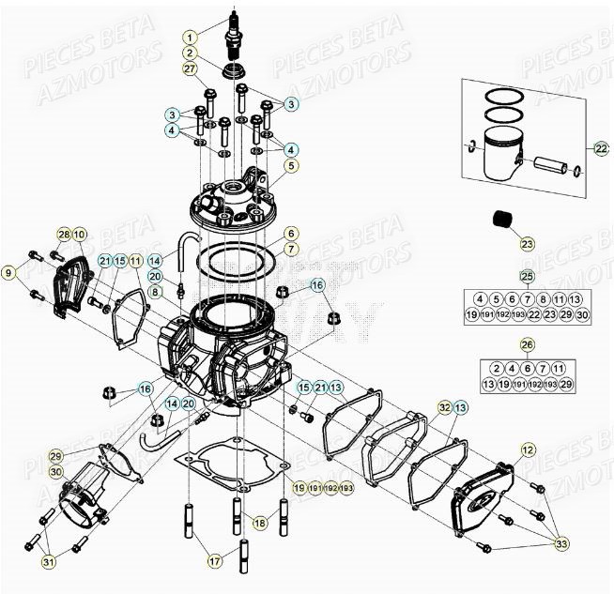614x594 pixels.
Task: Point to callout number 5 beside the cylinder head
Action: click(x=292, y=166)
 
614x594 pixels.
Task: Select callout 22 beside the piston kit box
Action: click(x=601, y=148)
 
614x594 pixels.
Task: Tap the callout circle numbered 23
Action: click(x=527, y=244)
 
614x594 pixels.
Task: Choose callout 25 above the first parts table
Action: click(x=527, y=276)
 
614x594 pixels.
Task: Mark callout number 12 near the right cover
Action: click(x=527, y=450)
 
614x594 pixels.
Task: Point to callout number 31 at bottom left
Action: click(x=48, y=562)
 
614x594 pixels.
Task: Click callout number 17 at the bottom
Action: click(x=215, y=561)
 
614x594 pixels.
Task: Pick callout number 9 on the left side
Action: click(x=9, y=273)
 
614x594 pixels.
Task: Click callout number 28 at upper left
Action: click(x=64, y=234)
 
